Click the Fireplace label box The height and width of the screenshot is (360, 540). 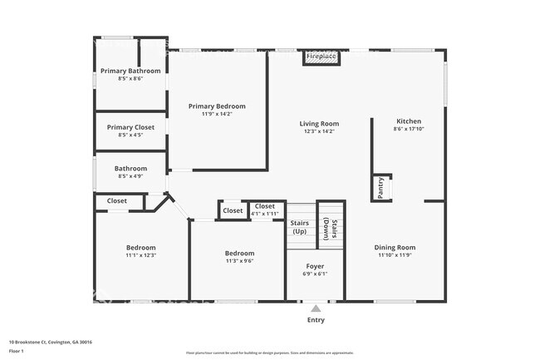321,57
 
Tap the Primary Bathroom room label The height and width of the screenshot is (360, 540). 130,71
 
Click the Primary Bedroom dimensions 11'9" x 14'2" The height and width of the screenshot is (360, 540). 217,115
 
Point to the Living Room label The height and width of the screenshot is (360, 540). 319,124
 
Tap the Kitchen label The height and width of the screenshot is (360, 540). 408,121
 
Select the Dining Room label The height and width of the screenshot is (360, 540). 395,247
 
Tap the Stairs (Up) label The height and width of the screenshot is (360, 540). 300,226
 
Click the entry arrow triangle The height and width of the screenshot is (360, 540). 315,308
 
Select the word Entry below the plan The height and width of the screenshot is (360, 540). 316,320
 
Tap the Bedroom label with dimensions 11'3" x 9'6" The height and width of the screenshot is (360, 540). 239,253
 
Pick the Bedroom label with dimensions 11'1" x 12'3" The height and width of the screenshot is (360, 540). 140,247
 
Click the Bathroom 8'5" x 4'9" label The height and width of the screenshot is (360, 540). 130,169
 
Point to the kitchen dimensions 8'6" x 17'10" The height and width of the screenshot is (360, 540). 408,129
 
